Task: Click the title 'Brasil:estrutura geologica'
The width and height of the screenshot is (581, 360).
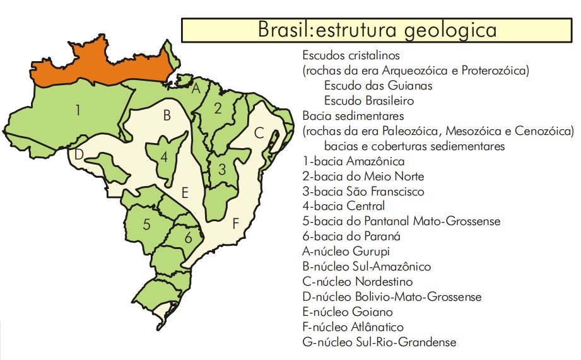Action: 377,30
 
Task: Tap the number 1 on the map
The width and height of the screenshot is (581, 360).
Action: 78,111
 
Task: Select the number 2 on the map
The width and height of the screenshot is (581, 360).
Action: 218,108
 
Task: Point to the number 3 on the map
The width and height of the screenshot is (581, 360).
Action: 222,169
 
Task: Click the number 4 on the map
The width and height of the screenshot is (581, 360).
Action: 164,158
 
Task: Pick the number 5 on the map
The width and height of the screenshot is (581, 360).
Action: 146,224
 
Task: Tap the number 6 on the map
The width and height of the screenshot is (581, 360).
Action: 188,238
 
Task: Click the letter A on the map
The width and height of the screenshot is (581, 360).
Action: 196,89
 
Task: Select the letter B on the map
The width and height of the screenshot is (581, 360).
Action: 167,116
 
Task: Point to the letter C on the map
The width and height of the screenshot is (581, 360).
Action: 259,134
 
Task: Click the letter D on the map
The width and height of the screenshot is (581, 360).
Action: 79,155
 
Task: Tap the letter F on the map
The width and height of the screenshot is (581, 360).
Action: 235,224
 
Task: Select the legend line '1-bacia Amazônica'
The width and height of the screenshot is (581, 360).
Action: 353,161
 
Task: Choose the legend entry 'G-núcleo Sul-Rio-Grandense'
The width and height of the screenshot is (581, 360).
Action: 379,342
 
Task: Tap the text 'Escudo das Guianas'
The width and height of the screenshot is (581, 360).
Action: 378,85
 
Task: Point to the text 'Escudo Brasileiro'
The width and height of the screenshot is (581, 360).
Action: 369,100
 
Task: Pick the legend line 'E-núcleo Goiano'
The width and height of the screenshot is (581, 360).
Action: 348,312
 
